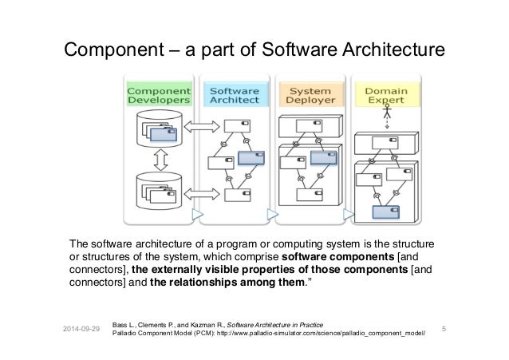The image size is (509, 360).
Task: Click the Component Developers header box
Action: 160,95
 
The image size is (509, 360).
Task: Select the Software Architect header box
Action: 233,95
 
